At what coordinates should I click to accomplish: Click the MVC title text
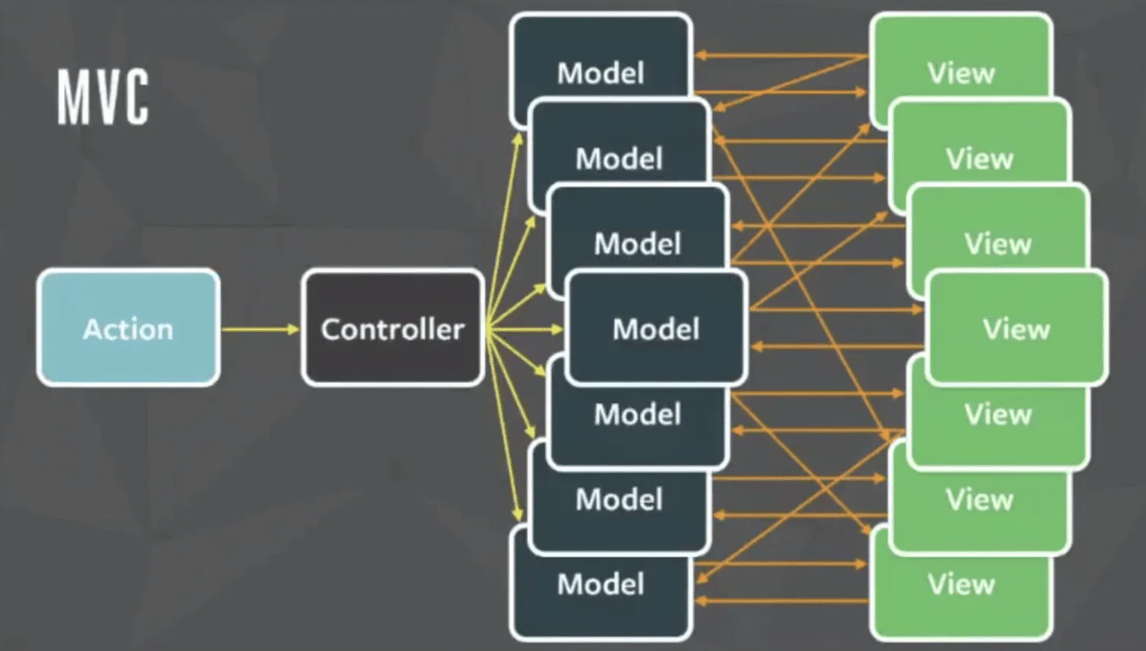[102, 97]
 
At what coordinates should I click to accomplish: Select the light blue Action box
[128, 327]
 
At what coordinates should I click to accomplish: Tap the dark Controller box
[392, 327]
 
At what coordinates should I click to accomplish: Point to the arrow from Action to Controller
[260, 328]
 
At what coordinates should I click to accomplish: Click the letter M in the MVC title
[72, 97]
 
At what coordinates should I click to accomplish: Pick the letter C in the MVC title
[135, 97]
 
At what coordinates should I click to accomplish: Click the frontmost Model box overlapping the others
[656, 328]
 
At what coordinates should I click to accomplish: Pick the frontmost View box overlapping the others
[1016, 328]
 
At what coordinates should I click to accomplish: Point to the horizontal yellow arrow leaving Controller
[525, 328]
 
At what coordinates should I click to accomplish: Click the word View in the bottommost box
[961, 584]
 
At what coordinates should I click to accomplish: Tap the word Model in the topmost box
[600, 73]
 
